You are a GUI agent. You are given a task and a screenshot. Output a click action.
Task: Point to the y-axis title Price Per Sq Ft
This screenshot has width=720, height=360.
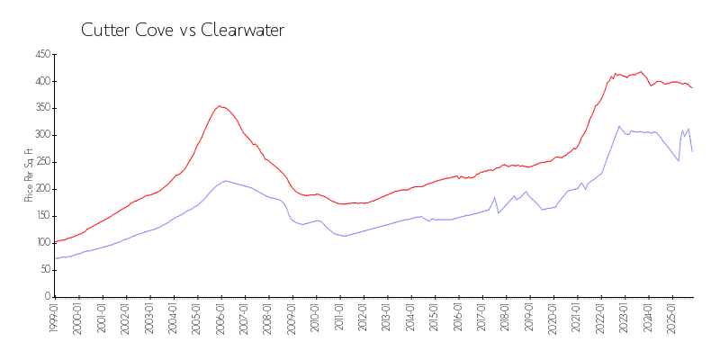click(29, 175)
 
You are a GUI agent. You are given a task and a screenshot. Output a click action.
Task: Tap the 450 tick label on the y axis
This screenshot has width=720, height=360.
click(40, 55)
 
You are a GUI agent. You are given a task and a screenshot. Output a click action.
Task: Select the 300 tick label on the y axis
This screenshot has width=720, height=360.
click(40, 135)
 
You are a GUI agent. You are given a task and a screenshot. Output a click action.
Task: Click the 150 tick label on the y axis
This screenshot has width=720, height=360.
click(40, 216)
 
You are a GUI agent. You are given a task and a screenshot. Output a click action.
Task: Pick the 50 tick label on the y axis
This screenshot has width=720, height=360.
click(43, 270)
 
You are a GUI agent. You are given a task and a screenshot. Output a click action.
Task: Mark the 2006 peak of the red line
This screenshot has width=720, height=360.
click(220, 105)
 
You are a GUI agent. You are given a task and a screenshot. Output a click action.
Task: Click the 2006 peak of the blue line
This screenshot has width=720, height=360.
click(225, 181)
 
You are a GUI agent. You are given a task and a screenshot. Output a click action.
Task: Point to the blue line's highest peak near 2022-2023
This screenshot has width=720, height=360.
click(619, 126)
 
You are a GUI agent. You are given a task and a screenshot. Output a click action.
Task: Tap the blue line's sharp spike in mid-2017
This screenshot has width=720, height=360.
click(494, 197)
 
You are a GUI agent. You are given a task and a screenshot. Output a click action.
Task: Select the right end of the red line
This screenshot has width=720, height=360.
click(692, 87)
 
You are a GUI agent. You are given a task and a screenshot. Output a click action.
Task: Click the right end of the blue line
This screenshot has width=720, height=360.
click(692, 151)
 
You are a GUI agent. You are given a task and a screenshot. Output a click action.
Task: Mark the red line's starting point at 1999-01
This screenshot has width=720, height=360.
click(55, 242)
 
